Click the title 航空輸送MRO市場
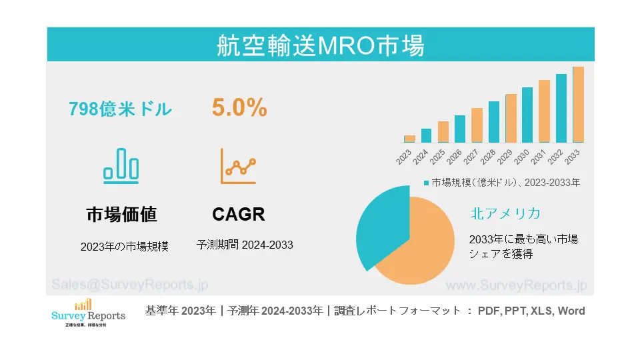(320, 45)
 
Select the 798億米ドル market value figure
(120, 109)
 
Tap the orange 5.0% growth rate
(239, 107)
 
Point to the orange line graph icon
(239, 166)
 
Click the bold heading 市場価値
(121, 214)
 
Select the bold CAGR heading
(239, 214)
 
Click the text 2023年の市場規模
(124, 246)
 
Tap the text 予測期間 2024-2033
(245, 245)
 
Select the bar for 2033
(578, 105)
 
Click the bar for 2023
(409, 139)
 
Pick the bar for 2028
(493, 122)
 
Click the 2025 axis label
(438, 157)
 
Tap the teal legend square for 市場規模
(427, 182)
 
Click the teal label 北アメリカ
(505, 213)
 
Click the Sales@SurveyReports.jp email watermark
(130, 284)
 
